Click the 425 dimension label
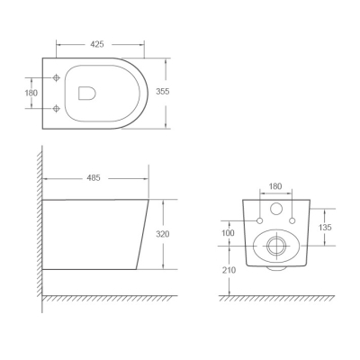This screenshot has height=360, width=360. (97, 44)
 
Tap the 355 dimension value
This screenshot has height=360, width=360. (163, 92)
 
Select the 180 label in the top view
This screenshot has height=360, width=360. (31, 93)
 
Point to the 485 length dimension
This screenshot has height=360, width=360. (94, 178)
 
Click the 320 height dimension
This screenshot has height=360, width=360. (163, 234)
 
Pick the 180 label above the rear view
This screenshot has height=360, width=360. (275, 186)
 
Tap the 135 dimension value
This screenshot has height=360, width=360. (325, 228)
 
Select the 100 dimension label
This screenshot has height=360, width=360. (228, 233)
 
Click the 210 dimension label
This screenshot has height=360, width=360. (229, 270)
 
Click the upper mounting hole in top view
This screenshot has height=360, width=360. (56, 77)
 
